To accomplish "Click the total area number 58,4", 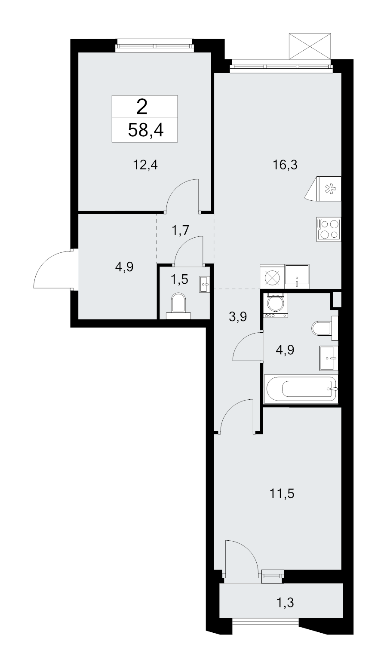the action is click(146, 130).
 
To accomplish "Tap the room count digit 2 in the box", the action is click(142, 107).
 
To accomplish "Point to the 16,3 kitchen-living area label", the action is click(285, 165).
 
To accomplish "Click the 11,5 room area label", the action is click(282, 493).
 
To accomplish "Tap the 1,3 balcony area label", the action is click(285, 603).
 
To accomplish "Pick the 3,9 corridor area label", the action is click(238, 316).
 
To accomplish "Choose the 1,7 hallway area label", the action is click(181, 230).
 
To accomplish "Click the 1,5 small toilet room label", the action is click(179, 279).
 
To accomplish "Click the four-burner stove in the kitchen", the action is click(329, 229).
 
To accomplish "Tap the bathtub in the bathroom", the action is click(301, 389).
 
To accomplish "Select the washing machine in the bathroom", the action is click(276, 305).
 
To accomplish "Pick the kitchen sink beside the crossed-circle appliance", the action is click(297, 276).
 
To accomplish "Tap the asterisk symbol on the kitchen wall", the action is click(330, 189).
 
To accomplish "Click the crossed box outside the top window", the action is click(310, 46).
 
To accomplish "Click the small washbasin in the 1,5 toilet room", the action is click(204, 284).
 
